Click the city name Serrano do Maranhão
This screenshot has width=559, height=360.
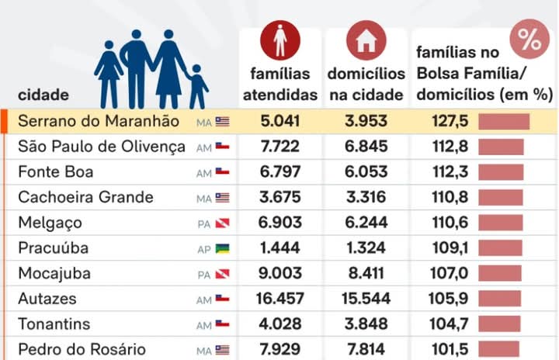[x=98, y=122]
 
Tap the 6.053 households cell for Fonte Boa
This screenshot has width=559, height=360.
[x=366, y=172]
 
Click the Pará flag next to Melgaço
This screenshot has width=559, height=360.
[x=223, y=223]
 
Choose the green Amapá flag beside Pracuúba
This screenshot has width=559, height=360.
[x=223, y=249]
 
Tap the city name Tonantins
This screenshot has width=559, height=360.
[x=54, y=324]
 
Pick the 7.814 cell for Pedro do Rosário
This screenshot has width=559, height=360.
[x=366, y=350]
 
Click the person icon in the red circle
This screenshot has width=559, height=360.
[x=280, y=40]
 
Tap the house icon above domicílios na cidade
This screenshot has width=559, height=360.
[x=366, y=40]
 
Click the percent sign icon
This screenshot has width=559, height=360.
[x=530, y=41]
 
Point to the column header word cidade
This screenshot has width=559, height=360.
[x=43, y=95]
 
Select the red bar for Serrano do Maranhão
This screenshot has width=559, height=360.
[x=503, y=122]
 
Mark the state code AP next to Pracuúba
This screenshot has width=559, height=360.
[x=203, y=250]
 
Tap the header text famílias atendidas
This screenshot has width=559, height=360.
[x=280, y=85]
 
